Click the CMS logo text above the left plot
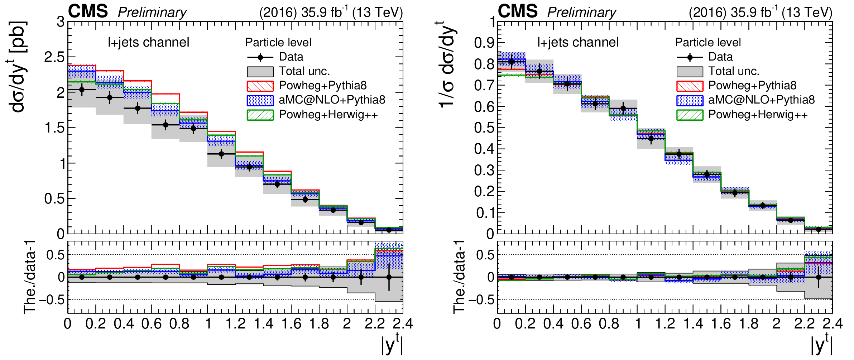88,11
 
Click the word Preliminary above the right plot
581,13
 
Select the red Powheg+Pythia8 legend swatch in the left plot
260,86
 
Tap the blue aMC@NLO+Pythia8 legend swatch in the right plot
690,100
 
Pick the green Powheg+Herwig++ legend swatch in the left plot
260,115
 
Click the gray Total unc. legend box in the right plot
690,72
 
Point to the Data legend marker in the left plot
260,57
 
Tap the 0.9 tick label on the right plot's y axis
484,43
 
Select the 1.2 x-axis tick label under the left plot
235,324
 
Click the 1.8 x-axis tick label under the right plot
748,324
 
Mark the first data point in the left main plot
82,90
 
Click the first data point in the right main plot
511,62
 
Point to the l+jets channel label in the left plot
148,42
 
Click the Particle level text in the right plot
708,42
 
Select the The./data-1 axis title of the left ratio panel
29,277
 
